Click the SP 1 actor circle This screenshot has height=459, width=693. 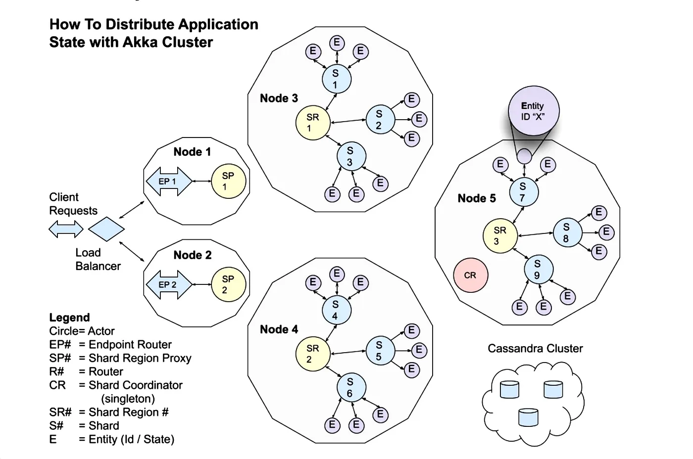point(228,182)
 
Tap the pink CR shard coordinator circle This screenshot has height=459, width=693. point(470,275)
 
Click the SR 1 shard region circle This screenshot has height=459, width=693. point(312,123)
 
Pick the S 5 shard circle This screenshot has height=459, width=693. point(380,350)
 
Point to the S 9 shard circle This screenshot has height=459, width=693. point(538,270)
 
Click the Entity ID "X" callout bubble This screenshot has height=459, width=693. point(533,112)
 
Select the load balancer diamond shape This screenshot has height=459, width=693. point(106,229)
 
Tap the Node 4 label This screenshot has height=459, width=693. point(279,329)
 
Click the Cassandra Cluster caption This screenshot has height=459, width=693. point(535,349)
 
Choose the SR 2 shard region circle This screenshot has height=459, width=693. point(312,354)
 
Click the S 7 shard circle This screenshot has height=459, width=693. point(523,192)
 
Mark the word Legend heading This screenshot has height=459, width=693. point(69,318)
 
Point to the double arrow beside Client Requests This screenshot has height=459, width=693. point(66,229)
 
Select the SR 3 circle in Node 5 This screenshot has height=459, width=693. point(500,236)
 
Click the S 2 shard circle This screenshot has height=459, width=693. point(380,120)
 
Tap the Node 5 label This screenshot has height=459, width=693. point(476,198)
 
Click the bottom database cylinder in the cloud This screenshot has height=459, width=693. point(528,417)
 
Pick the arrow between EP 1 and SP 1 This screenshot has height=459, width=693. point(201,182)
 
